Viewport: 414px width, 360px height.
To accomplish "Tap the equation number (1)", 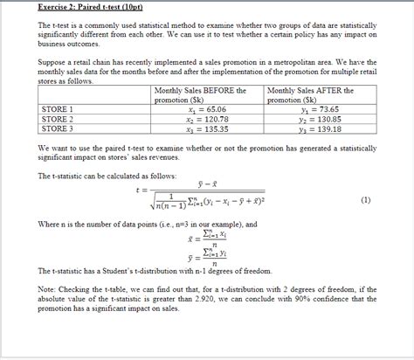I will (365, 199).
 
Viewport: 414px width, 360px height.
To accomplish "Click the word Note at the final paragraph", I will (47, 287).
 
